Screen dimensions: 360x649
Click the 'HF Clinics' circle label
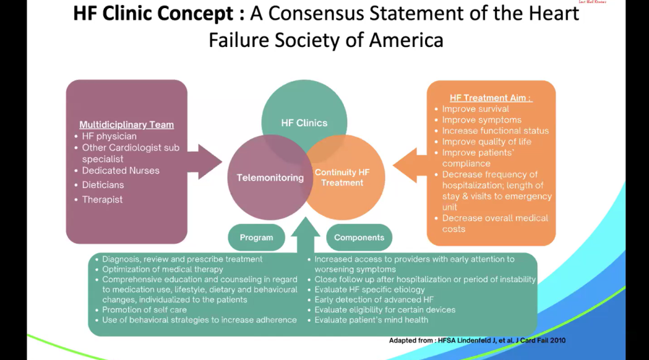(303, 123)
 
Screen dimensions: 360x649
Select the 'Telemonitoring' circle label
(270, 178)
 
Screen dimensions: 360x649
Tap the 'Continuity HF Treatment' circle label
(342, 177)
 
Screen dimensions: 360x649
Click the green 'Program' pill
(256, 237)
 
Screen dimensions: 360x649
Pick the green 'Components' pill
(359, 237)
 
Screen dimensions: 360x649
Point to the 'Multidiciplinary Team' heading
(126, 124)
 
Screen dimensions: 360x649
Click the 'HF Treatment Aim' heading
(491, 97)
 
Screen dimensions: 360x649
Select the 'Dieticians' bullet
(103, 185)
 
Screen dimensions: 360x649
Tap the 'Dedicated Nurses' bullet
(121, 171)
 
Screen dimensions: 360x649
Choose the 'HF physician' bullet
(109, 136)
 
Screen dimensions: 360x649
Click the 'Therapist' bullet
(103, 200)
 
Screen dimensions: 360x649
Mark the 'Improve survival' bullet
(476, 109)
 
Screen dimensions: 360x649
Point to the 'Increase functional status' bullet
(495, 131)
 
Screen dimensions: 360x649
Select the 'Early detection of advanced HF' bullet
(374, 300)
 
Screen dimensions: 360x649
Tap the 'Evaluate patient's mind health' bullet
(371, 320)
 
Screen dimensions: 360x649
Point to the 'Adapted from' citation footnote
(477, 341)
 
